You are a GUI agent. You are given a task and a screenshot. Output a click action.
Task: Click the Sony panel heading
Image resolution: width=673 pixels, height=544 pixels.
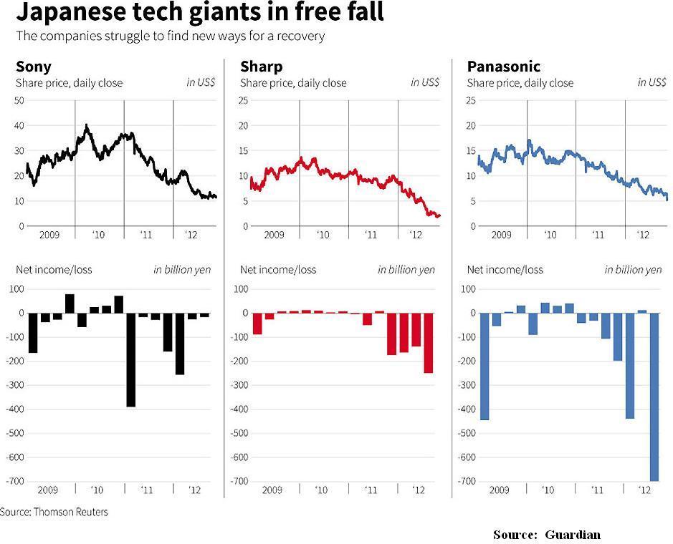tap(33, 67)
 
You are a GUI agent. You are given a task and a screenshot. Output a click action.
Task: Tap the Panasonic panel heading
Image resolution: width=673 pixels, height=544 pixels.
tap(503, 67)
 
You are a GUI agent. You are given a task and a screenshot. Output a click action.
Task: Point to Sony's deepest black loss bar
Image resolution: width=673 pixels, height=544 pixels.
tap(130, 359)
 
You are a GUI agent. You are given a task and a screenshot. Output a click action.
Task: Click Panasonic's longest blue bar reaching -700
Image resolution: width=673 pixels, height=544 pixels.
tap(653, 397)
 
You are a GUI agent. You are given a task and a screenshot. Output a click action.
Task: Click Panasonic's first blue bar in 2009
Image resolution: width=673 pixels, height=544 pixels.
tap(485, 366)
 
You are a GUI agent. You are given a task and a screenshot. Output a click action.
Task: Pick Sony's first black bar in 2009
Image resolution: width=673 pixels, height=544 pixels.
tap(32, 333)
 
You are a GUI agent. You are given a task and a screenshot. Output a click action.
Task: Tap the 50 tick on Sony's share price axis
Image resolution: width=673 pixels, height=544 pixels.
tap(19, 100)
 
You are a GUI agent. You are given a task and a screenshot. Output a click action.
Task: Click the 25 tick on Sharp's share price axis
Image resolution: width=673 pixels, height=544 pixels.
tap(244, 100)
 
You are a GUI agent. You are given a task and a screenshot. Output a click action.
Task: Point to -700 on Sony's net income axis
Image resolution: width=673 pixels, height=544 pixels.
tap(16, 481)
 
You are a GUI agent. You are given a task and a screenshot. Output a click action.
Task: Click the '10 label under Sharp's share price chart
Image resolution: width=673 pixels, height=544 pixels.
tap(323, 235)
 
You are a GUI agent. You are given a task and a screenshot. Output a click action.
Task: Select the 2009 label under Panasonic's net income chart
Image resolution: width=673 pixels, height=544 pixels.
tap(499, 490)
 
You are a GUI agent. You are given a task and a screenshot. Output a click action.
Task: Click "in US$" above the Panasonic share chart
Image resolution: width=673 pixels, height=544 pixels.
tap(651, 82)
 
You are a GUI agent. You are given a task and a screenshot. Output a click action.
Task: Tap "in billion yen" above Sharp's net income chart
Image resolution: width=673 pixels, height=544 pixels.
tap(406, 270)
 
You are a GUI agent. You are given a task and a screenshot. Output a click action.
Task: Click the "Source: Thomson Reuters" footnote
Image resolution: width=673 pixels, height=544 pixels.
tap(54, 512)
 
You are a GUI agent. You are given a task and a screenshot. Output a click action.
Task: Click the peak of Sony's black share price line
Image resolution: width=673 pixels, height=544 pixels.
tap(87, 125)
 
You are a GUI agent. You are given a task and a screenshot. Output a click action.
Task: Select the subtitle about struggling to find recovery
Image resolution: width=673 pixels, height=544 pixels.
tap(171, 36)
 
